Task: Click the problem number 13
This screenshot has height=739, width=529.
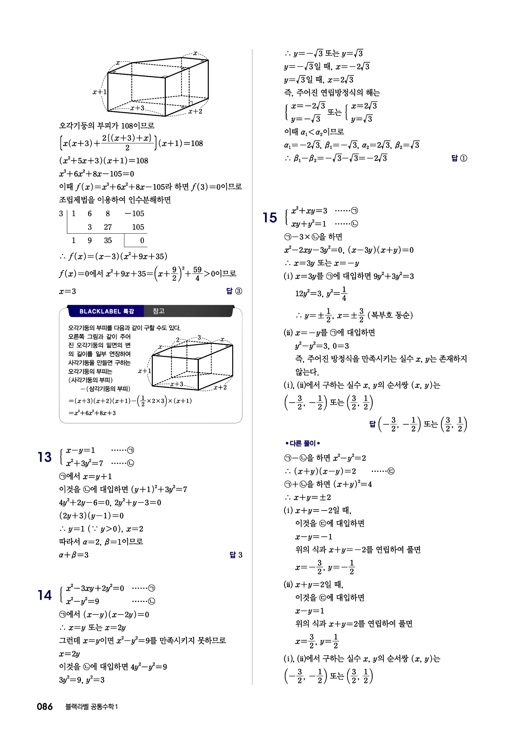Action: (x=44, y=457)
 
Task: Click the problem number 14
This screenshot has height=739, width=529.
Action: (x=44, y=595)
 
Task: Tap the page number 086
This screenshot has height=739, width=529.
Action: (x=45, y=707)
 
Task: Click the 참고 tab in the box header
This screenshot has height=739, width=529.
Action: (x=159, y=311)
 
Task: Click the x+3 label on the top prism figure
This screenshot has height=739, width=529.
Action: (x=137, y=108)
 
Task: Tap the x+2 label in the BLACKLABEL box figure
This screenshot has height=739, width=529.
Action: (x=220, y=387)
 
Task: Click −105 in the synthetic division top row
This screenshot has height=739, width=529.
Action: (x=135, y=213)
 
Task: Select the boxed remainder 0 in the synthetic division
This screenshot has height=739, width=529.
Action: (x=142, y=240)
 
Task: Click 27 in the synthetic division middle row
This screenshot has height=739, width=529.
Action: (x=108, y=227)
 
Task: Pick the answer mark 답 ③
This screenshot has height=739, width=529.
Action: (x=234, y=291)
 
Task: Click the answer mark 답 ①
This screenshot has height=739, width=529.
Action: (x=459, y=158)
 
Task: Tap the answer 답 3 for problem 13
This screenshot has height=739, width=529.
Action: (x=236, y=555)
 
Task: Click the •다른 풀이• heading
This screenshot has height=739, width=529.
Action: (x=302, y=443)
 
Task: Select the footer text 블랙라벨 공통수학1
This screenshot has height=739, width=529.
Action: (x=91, y=707)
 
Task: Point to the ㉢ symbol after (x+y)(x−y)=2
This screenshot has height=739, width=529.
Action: (x=391, y=471)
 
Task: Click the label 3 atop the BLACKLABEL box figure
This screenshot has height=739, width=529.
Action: (x=199, y=337)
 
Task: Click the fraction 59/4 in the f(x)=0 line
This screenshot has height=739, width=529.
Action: (x=197, y=274)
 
